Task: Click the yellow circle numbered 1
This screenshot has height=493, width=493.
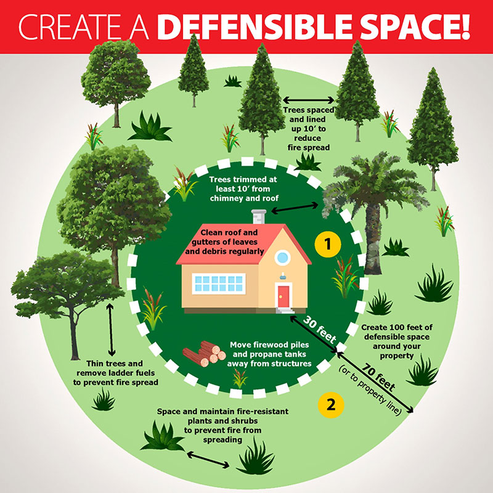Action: pyautogui.click(x=328, y=244)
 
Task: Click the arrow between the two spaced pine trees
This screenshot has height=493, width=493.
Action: pyautogui.click(x=308, y=99)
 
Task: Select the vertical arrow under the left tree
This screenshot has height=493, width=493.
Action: pyautogui.click(x=111, y=327)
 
